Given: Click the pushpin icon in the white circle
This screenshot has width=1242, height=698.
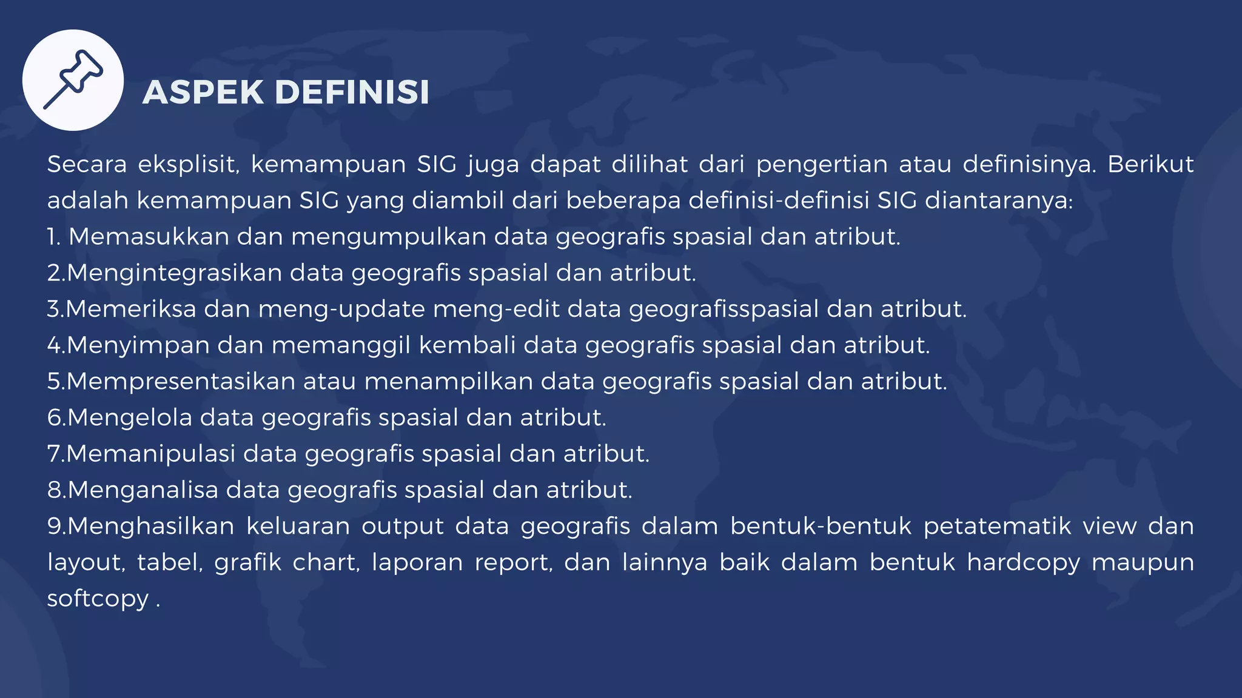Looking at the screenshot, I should click(73, 80).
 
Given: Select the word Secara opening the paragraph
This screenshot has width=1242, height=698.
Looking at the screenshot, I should click(87, 164).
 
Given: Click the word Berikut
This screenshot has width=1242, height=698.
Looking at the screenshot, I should click(1150, 164).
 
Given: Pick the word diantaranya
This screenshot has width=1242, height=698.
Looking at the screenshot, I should click(998, 201).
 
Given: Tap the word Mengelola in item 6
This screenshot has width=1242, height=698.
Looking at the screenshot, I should click(130, 417).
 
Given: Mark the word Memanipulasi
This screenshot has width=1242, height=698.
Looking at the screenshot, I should click(151, 454).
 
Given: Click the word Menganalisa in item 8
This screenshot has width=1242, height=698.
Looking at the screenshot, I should click(143, 490).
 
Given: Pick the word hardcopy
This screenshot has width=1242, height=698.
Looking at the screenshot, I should click(1023, 563).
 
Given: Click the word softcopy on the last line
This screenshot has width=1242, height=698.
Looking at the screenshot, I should click(98, 599).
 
